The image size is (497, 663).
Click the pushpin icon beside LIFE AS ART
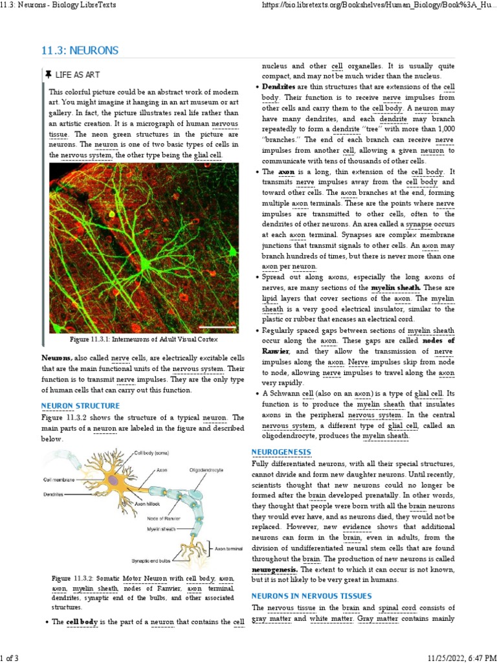[x=49, y=75]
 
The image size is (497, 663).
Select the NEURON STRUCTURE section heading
[x=80, y=406]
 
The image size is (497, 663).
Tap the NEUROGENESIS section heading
[x=281, y=451]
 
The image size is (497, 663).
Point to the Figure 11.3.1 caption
[x=143, y=339]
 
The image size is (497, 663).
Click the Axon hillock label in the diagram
[x=150, y=503]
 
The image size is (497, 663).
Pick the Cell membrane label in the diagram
[x=59, y=480]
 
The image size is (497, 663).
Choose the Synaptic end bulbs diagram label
[x=151, y=560]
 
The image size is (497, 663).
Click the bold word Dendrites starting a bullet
[x=278, y=86]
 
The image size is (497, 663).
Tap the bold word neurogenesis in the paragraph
[x=274, y=570]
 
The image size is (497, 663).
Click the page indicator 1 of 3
[x=10, y=658]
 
